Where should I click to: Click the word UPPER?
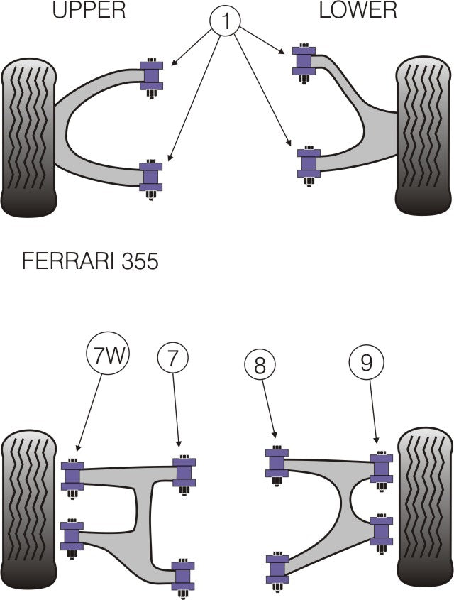click(89, 10)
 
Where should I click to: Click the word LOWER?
click(358, 10)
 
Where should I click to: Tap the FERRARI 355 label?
click(90, 261)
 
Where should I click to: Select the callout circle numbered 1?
click(226, 21)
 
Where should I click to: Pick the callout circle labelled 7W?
click(109, 354)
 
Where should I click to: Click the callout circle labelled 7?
click(173, 359)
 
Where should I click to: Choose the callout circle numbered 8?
click(260, 366)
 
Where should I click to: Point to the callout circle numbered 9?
click(365, 363)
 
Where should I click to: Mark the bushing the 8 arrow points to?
click(277, 462)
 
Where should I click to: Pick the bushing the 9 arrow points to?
click(382, 467)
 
